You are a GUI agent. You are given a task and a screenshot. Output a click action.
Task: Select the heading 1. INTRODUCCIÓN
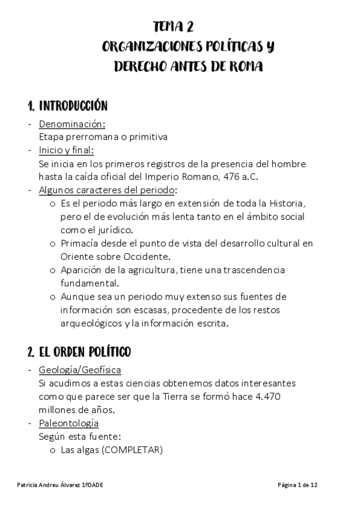tap(67, 106)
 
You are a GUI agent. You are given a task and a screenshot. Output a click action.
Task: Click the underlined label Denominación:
tap(72, 124)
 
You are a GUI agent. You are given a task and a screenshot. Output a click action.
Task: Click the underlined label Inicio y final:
tap(66, 150)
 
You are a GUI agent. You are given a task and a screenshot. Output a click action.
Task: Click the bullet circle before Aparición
tap(52, 271)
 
